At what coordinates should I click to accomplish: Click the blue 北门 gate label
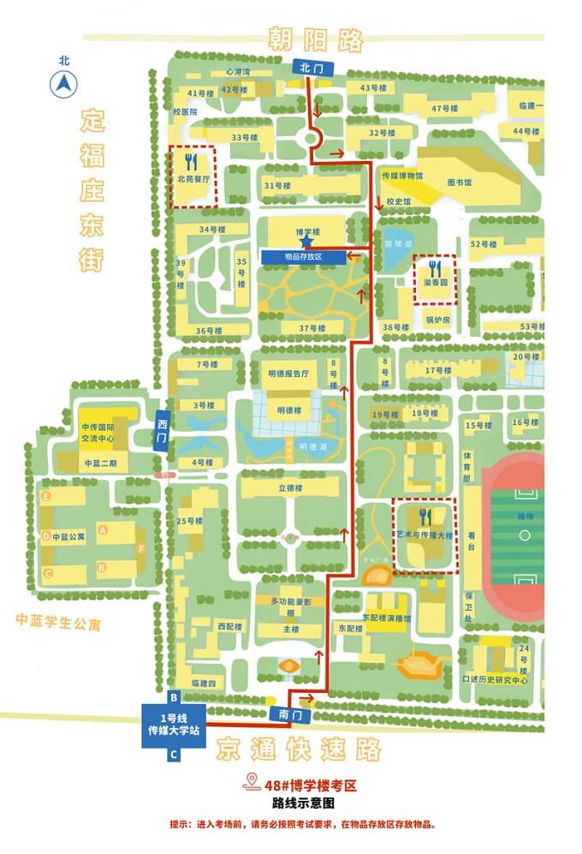click(x=309, y=67)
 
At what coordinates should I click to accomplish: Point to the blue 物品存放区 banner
click(x=304, y=256)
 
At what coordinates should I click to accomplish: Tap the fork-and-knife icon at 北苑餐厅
click(x=193, y=160)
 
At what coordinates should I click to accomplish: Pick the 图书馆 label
click(x=460, y=182)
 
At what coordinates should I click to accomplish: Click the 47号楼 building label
click(x=446, y=108)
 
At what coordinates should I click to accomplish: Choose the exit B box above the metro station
click(x=174, y=696)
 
